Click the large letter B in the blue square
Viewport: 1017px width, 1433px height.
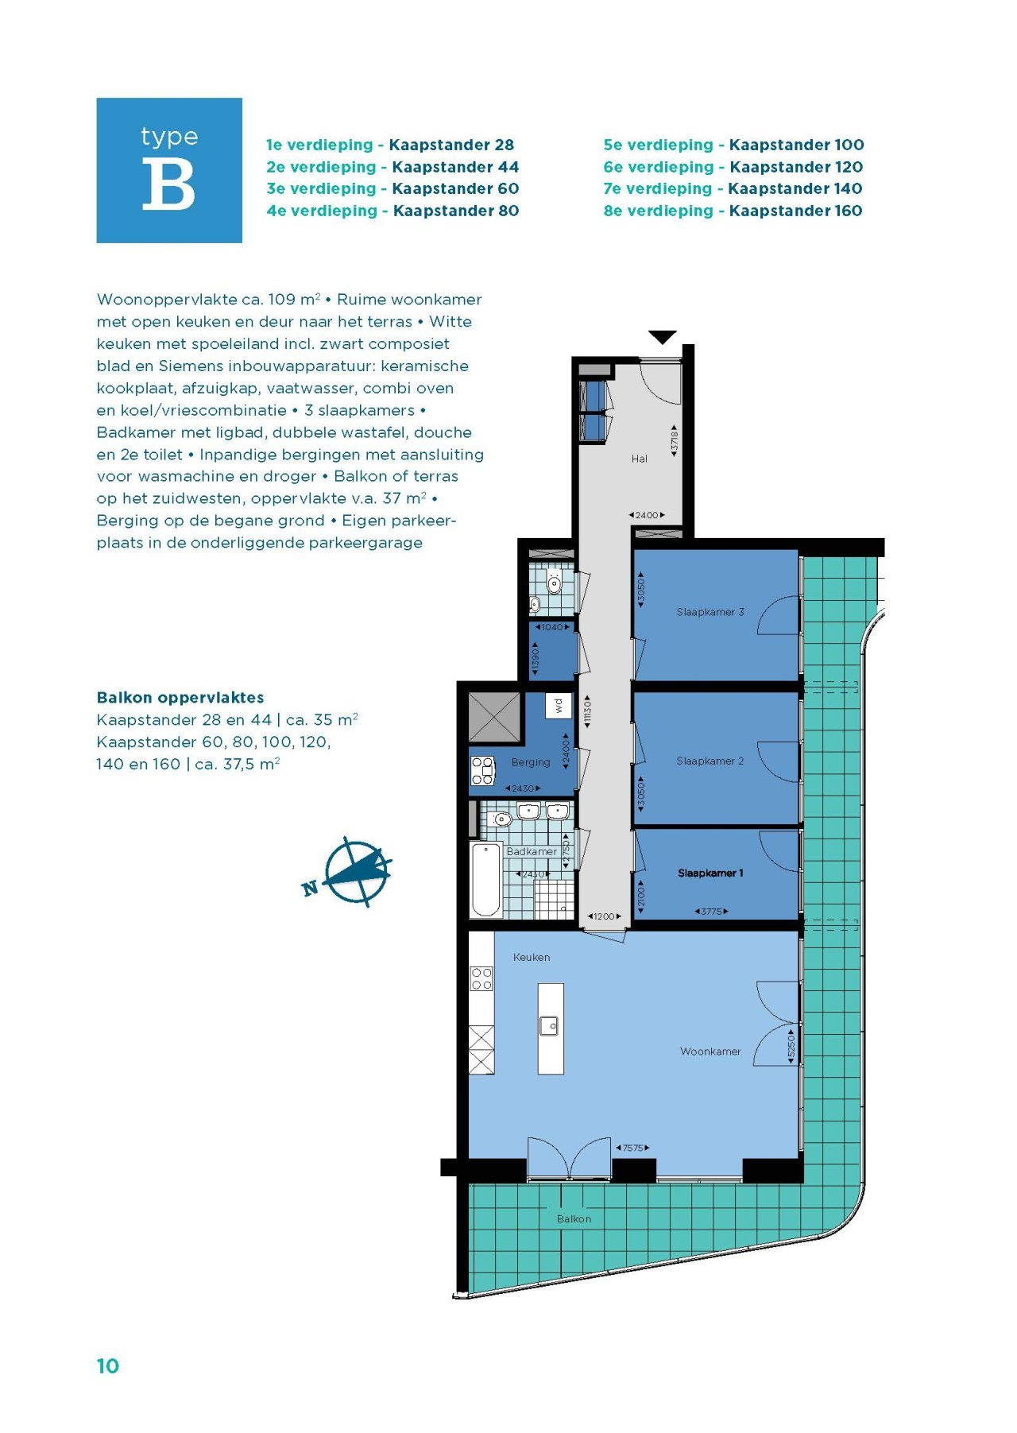tap(168, 184)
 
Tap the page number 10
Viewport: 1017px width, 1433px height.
tap(107, 1365)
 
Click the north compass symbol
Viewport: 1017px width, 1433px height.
tap(355, 872)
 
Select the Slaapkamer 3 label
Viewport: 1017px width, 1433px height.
tap(710, 612)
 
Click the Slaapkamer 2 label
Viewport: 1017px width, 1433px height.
tap(710, 761)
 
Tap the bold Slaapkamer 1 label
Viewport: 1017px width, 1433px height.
tap(710, 873)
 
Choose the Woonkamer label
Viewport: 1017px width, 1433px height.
tap(710, 1051)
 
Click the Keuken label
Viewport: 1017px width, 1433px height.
tap(532, 957)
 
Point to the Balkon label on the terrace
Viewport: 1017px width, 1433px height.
tap(574, 1218)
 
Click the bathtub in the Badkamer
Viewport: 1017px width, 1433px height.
tap(485, 880)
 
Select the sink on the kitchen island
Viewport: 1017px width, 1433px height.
tap(550, 1026)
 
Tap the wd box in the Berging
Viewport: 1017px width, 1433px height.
tap(559, 705)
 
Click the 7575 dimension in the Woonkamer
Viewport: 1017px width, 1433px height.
tap(632, 1148)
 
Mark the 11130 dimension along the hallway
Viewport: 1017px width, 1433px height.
tap(587, 712)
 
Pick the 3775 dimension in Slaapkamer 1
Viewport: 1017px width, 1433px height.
tap(711, 912)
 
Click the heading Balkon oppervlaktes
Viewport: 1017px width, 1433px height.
tap(180, 697)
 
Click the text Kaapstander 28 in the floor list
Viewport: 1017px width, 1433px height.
tap(451, 145)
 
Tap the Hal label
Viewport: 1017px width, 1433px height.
tap(640, 459)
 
